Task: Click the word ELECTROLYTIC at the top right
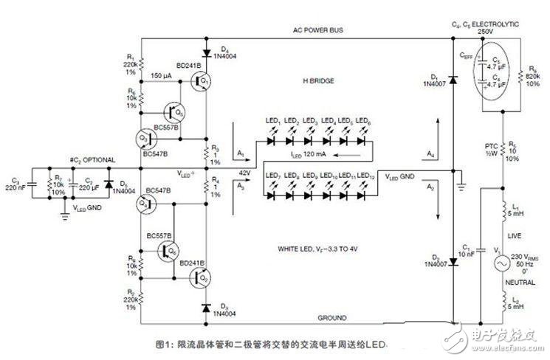pos(498,24)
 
